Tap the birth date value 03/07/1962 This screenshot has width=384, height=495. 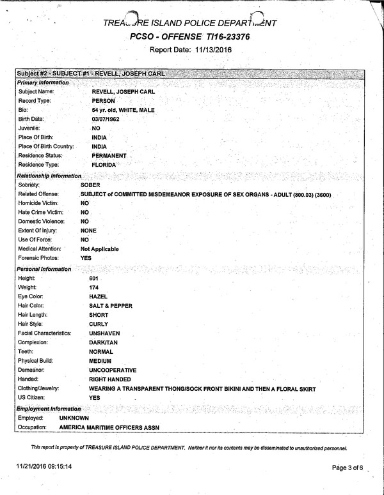point(107,119)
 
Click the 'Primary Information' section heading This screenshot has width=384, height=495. point(44,83)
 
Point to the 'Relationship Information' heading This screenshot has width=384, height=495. point(49,175)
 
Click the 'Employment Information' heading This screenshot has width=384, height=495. point(49,408)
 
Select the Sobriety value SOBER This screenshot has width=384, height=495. point(92,185)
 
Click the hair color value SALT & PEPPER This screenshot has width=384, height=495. point(111,306)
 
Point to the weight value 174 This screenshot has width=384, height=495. point(95,288)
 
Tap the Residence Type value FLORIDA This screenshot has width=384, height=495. point(104,165)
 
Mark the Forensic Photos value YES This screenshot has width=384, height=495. point(86,258)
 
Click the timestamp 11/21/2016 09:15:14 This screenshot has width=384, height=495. point(44,467)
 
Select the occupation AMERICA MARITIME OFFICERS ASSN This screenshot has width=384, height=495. point(109,427)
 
